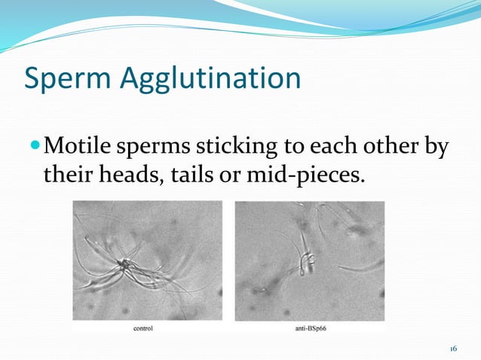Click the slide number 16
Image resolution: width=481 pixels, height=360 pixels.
pos(453,349)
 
